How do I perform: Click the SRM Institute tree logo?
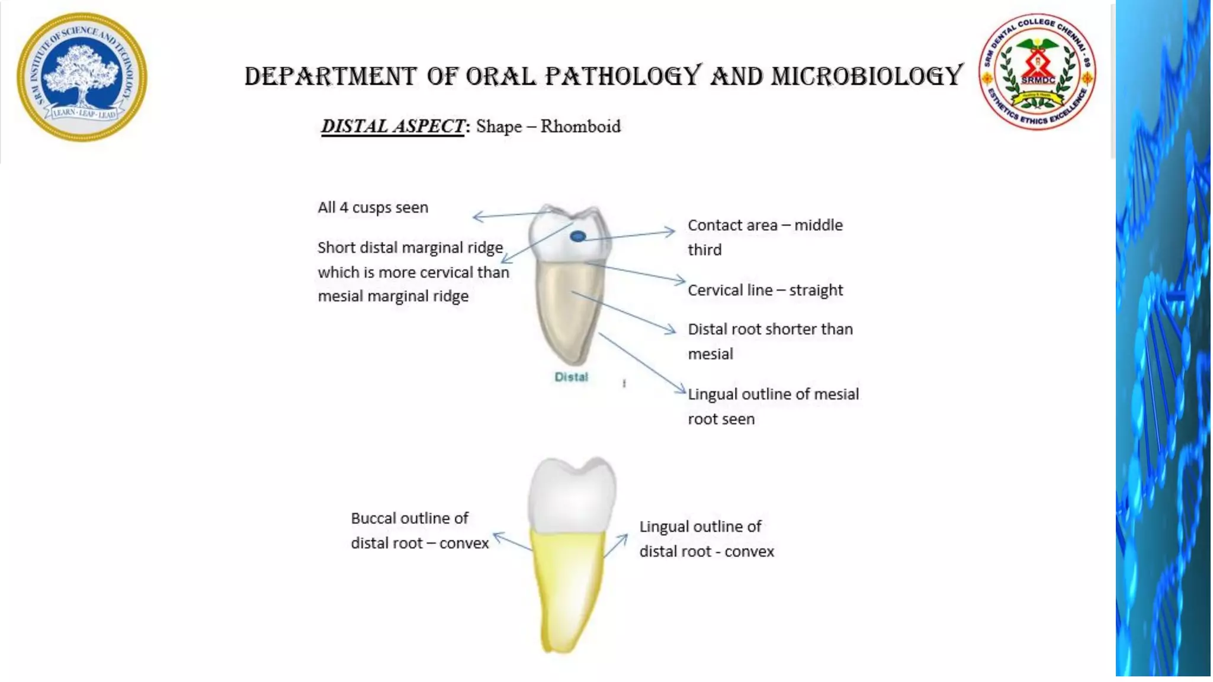click(x=82, y=77)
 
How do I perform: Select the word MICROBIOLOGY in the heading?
click(x=867, y=76)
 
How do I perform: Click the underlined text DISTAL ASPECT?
click(x=393, y=126)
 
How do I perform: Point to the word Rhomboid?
click(x=580, y=127)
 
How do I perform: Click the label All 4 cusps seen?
click(x=373, y=208)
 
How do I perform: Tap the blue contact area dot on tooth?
click(x=577, y=237)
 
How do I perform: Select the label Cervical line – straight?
click(x=765, y=290)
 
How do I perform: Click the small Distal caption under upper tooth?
click(x=571, y=377)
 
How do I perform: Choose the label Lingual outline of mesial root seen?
click(x=773, y=406)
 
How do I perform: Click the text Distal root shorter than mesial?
click(x=770, y=341)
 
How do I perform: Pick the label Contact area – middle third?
click(x=765, y=237)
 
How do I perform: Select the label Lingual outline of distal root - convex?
click(x=706, y=539)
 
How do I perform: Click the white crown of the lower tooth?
click(x=572, y=494)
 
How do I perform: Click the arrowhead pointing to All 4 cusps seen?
click(x=476, y=217)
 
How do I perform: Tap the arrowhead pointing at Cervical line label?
click(x=682, y=281)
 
